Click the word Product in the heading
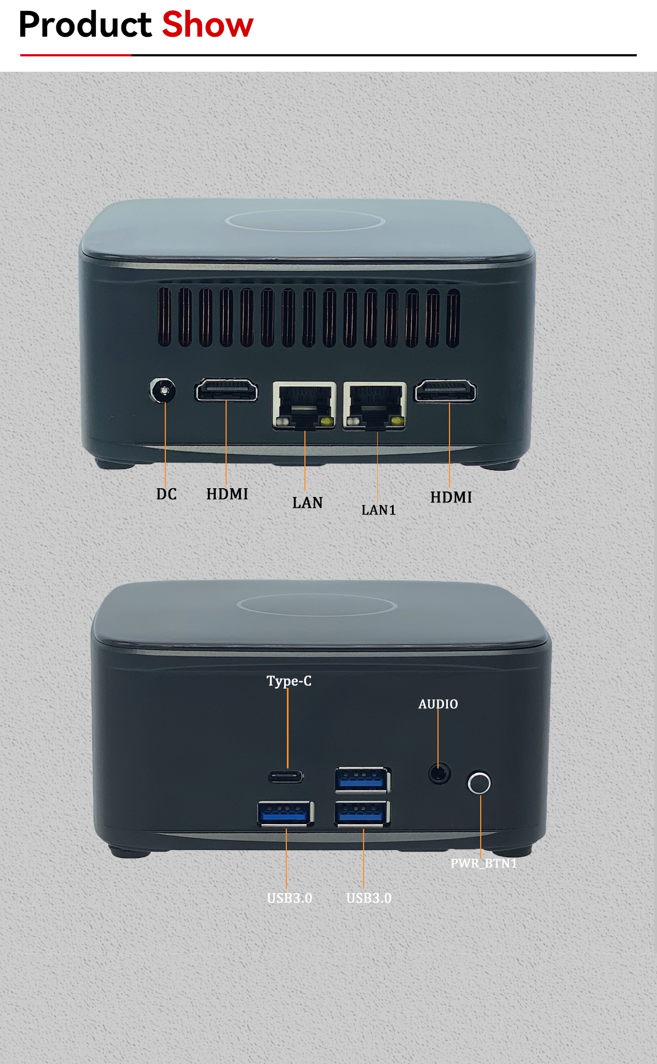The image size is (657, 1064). point(85,25)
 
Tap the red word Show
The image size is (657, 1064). point(208,25)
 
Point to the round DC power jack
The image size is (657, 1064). point(163,391)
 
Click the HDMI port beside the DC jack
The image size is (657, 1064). point(226,390)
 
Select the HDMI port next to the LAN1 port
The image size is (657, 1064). point(445,391)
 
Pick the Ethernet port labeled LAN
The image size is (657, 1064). point(304,406)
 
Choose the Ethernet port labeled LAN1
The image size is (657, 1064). point(375,406)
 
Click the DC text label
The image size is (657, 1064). point(166,494)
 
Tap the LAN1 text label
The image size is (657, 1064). point(378,510)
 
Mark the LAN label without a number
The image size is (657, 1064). point(308,502)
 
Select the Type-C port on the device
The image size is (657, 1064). point(286,777)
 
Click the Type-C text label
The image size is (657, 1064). point(289,681)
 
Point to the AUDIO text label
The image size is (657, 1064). point(438,704)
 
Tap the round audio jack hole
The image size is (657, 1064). point(439,773)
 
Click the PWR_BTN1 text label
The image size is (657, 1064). point(484,863)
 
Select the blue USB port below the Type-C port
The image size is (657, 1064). point(286,813)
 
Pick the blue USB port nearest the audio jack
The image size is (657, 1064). point(362,780)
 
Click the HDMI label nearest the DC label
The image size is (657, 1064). point(227,494)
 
